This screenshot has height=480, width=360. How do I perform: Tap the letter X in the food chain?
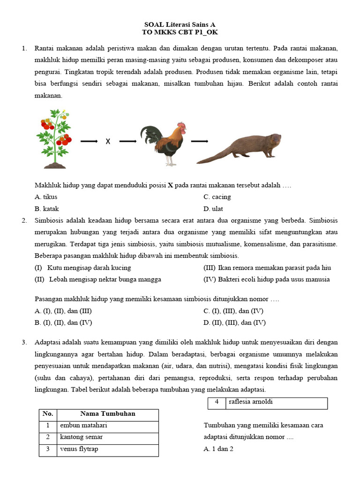click(x=108, y=141)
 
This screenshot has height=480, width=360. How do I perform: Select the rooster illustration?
click(x=164, y=143)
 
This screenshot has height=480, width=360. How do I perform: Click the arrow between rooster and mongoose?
click(x=200, y=141)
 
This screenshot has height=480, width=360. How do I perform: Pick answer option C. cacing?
click(x=217, y=197)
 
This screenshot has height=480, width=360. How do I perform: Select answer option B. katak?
click(x=47, y=209)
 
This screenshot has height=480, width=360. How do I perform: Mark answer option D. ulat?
click(x=213, y=209)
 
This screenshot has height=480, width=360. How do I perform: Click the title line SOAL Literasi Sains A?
click(x=180, y=24)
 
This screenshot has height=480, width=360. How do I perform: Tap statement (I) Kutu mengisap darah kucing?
click(x=83, y=268)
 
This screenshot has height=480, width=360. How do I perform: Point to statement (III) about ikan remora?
click(x=267, y=268)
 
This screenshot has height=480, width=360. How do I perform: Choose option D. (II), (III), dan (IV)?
click(x=234, y=322)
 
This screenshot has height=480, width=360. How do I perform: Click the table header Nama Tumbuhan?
click(x=108, y=414)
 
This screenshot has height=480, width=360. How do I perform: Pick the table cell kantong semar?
click(x=81, y=437)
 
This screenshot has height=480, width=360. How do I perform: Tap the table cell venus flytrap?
click(x=79, y=449)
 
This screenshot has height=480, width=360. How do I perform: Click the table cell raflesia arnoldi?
click(x=251, y=402)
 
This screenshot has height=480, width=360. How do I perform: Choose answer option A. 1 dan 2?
click(x=218, y=449)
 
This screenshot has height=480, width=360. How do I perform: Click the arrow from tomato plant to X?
click(x=89, y=141)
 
